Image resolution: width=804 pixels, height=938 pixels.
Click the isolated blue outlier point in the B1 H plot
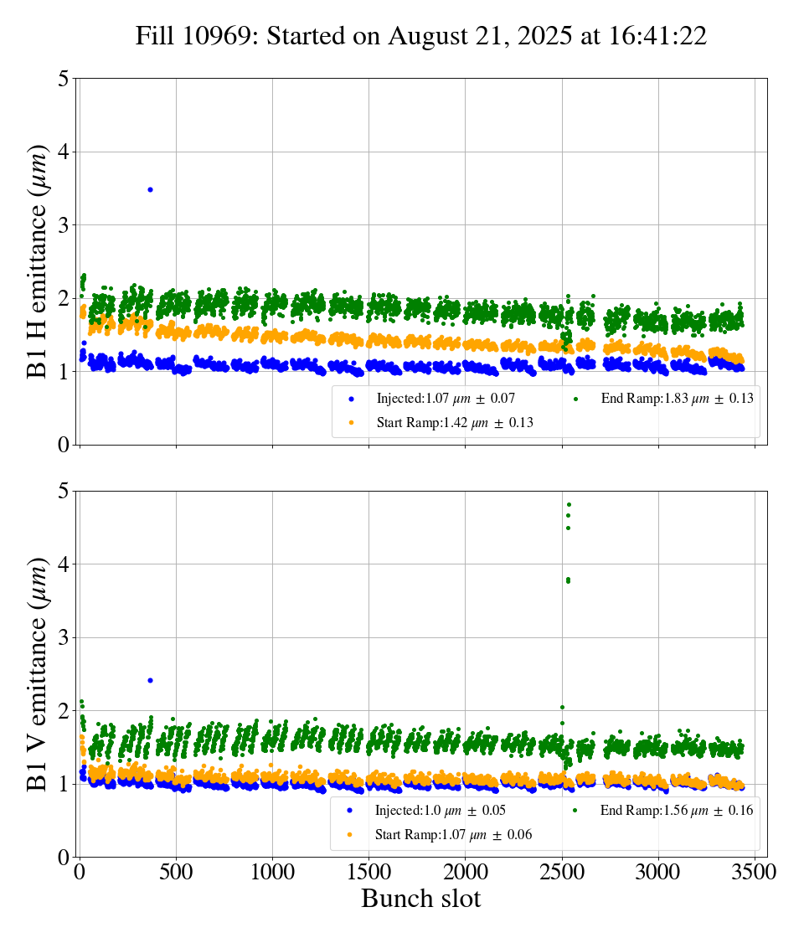150,189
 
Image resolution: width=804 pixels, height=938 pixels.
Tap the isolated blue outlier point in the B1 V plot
150,680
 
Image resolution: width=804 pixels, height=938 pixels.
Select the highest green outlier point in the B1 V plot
569,505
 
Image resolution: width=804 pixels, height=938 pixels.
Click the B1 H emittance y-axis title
39,261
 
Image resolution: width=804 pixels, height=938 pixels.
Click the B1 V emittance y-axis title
39,673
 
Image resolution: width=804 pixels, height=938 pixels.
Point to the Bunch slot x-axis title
421,899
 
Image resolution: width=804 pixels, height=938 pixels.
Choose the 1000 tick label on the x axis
272,872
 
